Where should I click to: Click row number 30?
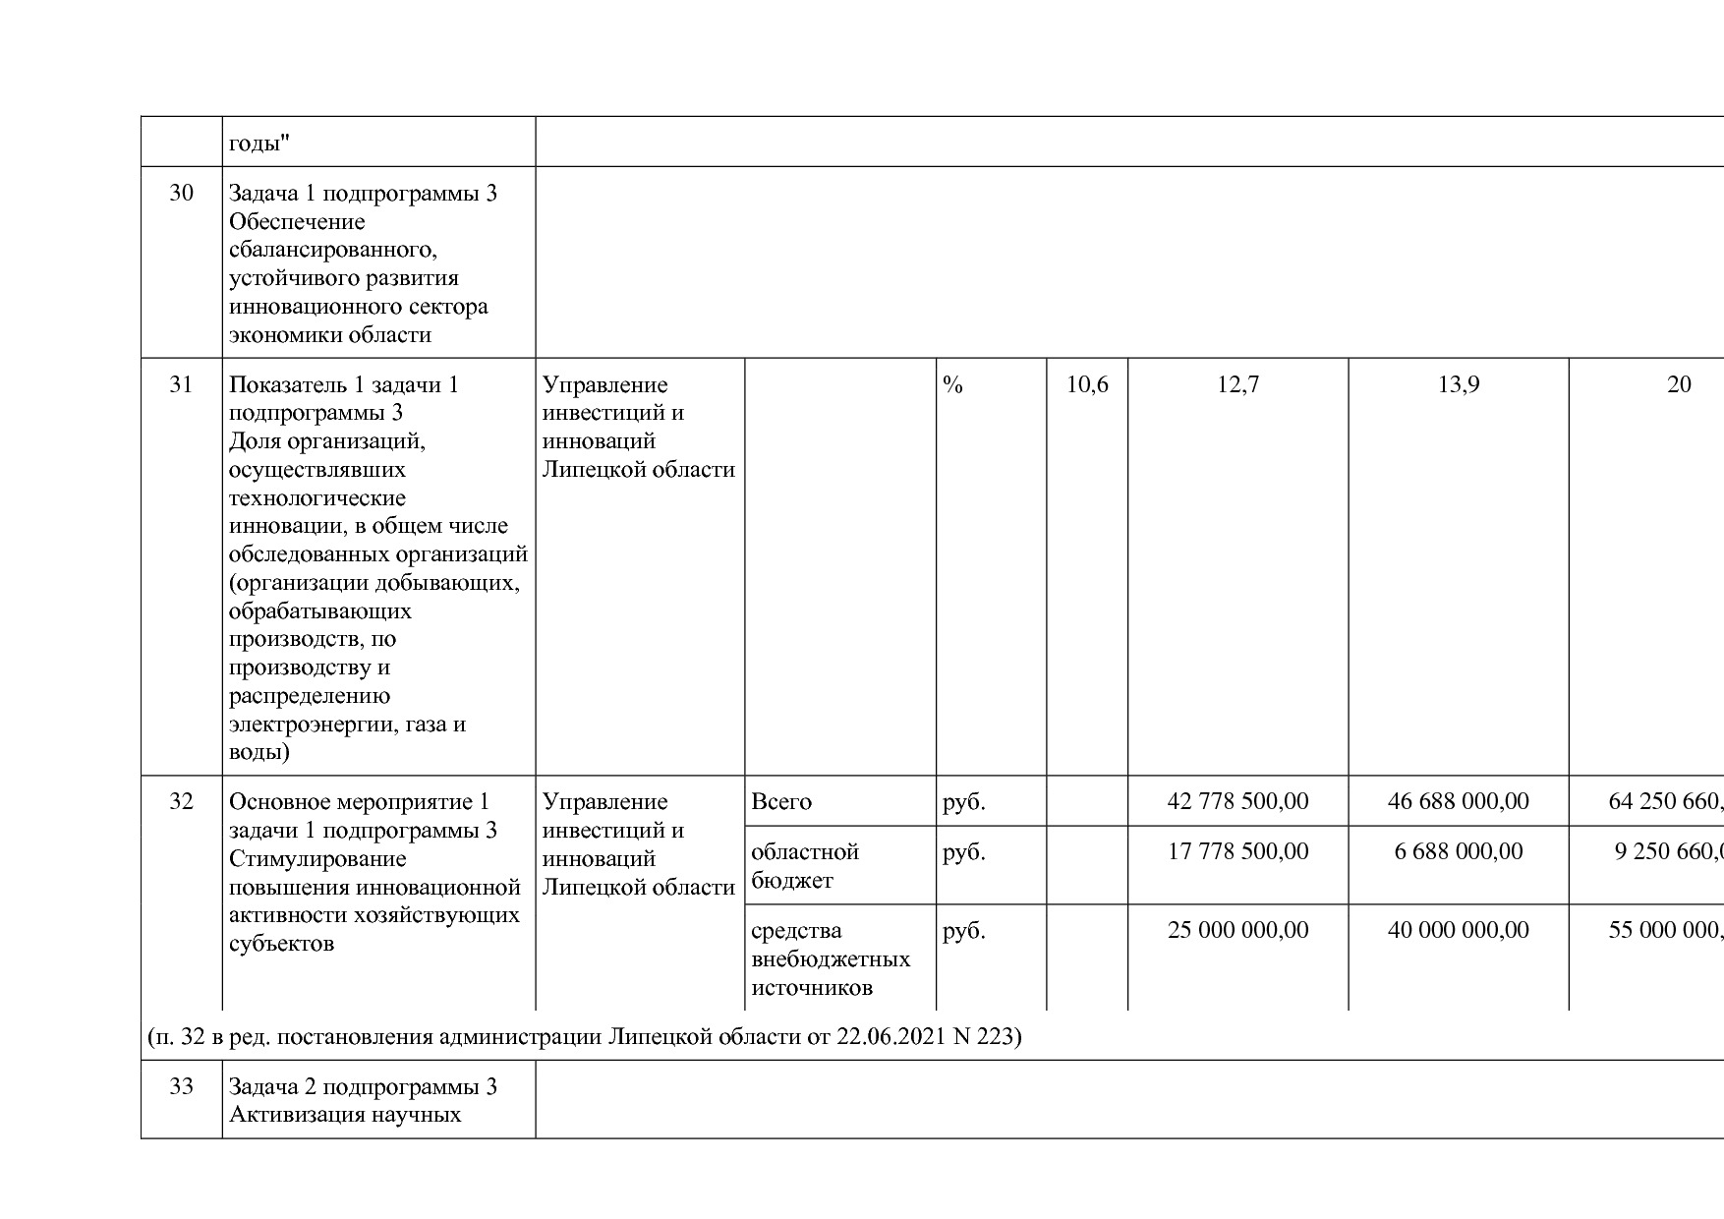[x=181, y=193]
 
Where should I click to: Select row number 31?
[x=181, y=384]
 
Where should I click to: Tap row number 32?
[x=181, y=801]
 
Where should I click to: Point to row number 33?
[x=181, y=1086]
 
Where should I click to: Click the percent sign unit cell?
[x=952, y=384]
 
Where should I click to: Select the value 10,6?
[x=1087, y=384]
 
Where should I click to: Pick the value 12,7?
[x=1237, y=384]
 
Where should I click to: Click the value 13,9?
[x=1458, y=384]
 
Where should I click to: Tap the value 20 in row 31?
[x=1678, y=384]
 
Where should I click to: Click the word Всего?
[x=781, y=802]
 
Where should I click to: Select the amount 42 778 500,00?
[x=1237, y=802]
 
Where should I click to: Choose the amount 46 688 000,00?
[x=1458, y=802]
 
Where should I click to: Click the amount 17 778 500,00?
[x=1237, y=851]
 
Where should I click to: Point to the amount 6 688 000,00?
[x=1458, y=851]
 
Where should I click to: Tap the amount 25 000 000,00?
[x=1237, y=930]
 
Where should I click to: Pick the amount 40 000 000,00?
[x=1458, y=930]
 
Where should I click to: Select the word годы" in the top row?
[x=259, y=145]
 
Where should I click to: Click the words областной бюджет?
[x=804, y=865]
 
